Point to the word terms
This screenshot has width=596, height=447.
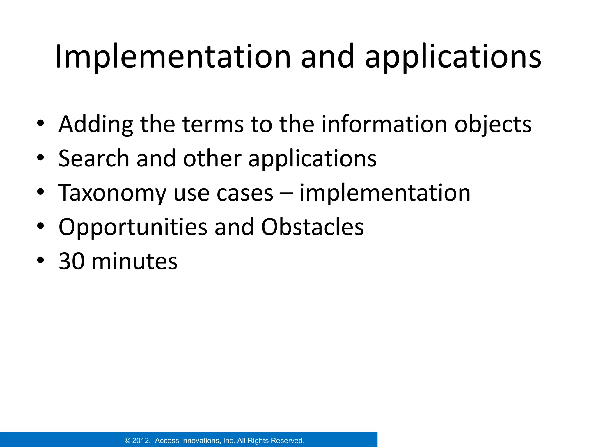coord(213,125)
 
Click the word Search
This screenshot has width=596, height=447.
coord(94,159)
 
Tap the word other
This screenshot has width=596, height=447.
coord(212,159)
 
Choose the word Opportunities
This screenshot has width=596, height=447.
coord(133,228)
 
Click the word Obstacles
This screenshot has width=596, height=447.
coord(312,227)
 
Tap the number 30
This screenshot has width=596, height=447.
coord(71,261)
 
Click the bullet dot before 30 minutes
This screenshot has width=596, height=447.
coord(40,260)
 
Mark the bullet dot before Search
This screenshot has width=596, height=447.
coord(40,157)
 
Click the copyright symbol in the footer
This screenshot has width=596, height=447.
coord(127,441)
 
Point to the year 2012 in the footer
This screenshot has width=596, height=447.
coord(141,441)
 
